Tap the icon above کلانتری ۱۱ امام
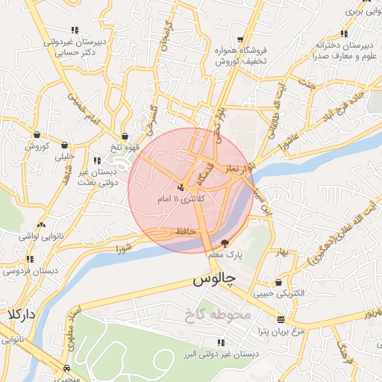pyautogui.click(x=181, y=187)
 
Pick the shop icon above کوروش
pyautogui.click(x=37, y=134)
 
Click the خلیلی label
pyautogui.click(x=65, y=157)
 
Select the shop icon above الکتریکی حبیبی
pyautogui.click(x=279, y=283)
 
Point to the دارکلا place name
pyautogui.click(x=20, y=315)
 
